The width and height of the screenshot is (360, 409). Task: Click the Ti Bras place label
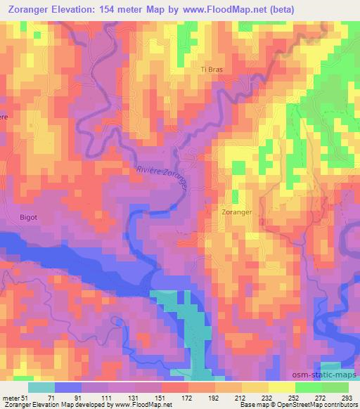click(x=212, y=70)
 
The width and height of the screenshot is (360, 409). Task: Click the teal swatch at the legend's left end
click(x=41, y=387)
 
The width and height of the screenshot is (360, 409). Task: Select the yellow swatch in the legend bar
click(x=255, y=387)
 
